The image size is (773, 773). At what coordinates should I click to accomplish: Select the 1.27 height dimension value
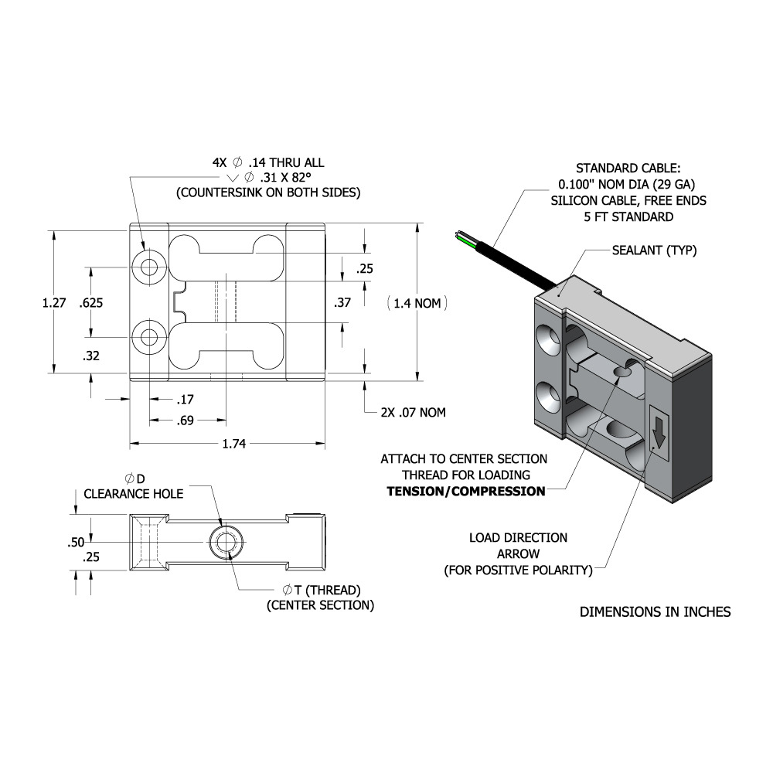coord(53,303)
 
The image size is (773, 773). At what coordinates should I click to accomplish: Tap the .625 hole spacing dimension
coord(91,303)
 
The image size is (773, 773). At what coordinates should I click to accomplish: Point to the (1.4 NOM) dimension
coord(417,303)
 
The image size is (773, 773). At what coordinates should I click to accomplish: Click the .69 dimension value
coord(186,421)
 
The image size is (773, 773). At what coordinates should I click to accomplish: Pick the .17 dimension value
coord(185,400)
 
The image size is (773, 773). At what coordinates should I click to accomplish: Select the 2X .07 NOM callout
coord(413,412)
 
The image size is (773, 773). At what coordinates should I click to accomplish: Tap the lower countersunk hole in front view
coord(148,337)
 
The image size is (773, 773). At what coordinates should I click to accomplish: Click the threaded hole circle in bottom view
coord(226,543)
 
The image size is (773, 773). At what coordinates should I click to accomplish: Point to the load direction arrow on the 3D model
coord(658,431)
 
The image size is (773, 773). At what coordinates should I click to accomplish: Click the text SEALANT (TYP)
coord(654,250)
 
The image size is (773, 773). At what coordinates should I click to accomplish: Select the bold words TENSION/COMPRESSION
coord(465,491)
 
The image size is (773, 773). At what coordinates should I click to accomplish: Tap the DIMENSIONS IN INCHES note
coord(655,612)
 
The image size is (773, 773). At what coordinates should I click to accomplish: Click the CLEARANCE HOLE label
coord(133,494)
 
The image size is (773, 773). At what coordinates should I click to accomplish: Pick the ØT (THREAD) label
coord(321,590)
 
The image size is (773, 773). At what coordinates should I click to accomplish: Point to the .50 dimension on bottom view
coord(76,542)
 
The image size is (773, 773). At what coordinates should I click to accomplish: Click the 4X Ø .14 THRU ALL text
coord(268,163)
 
